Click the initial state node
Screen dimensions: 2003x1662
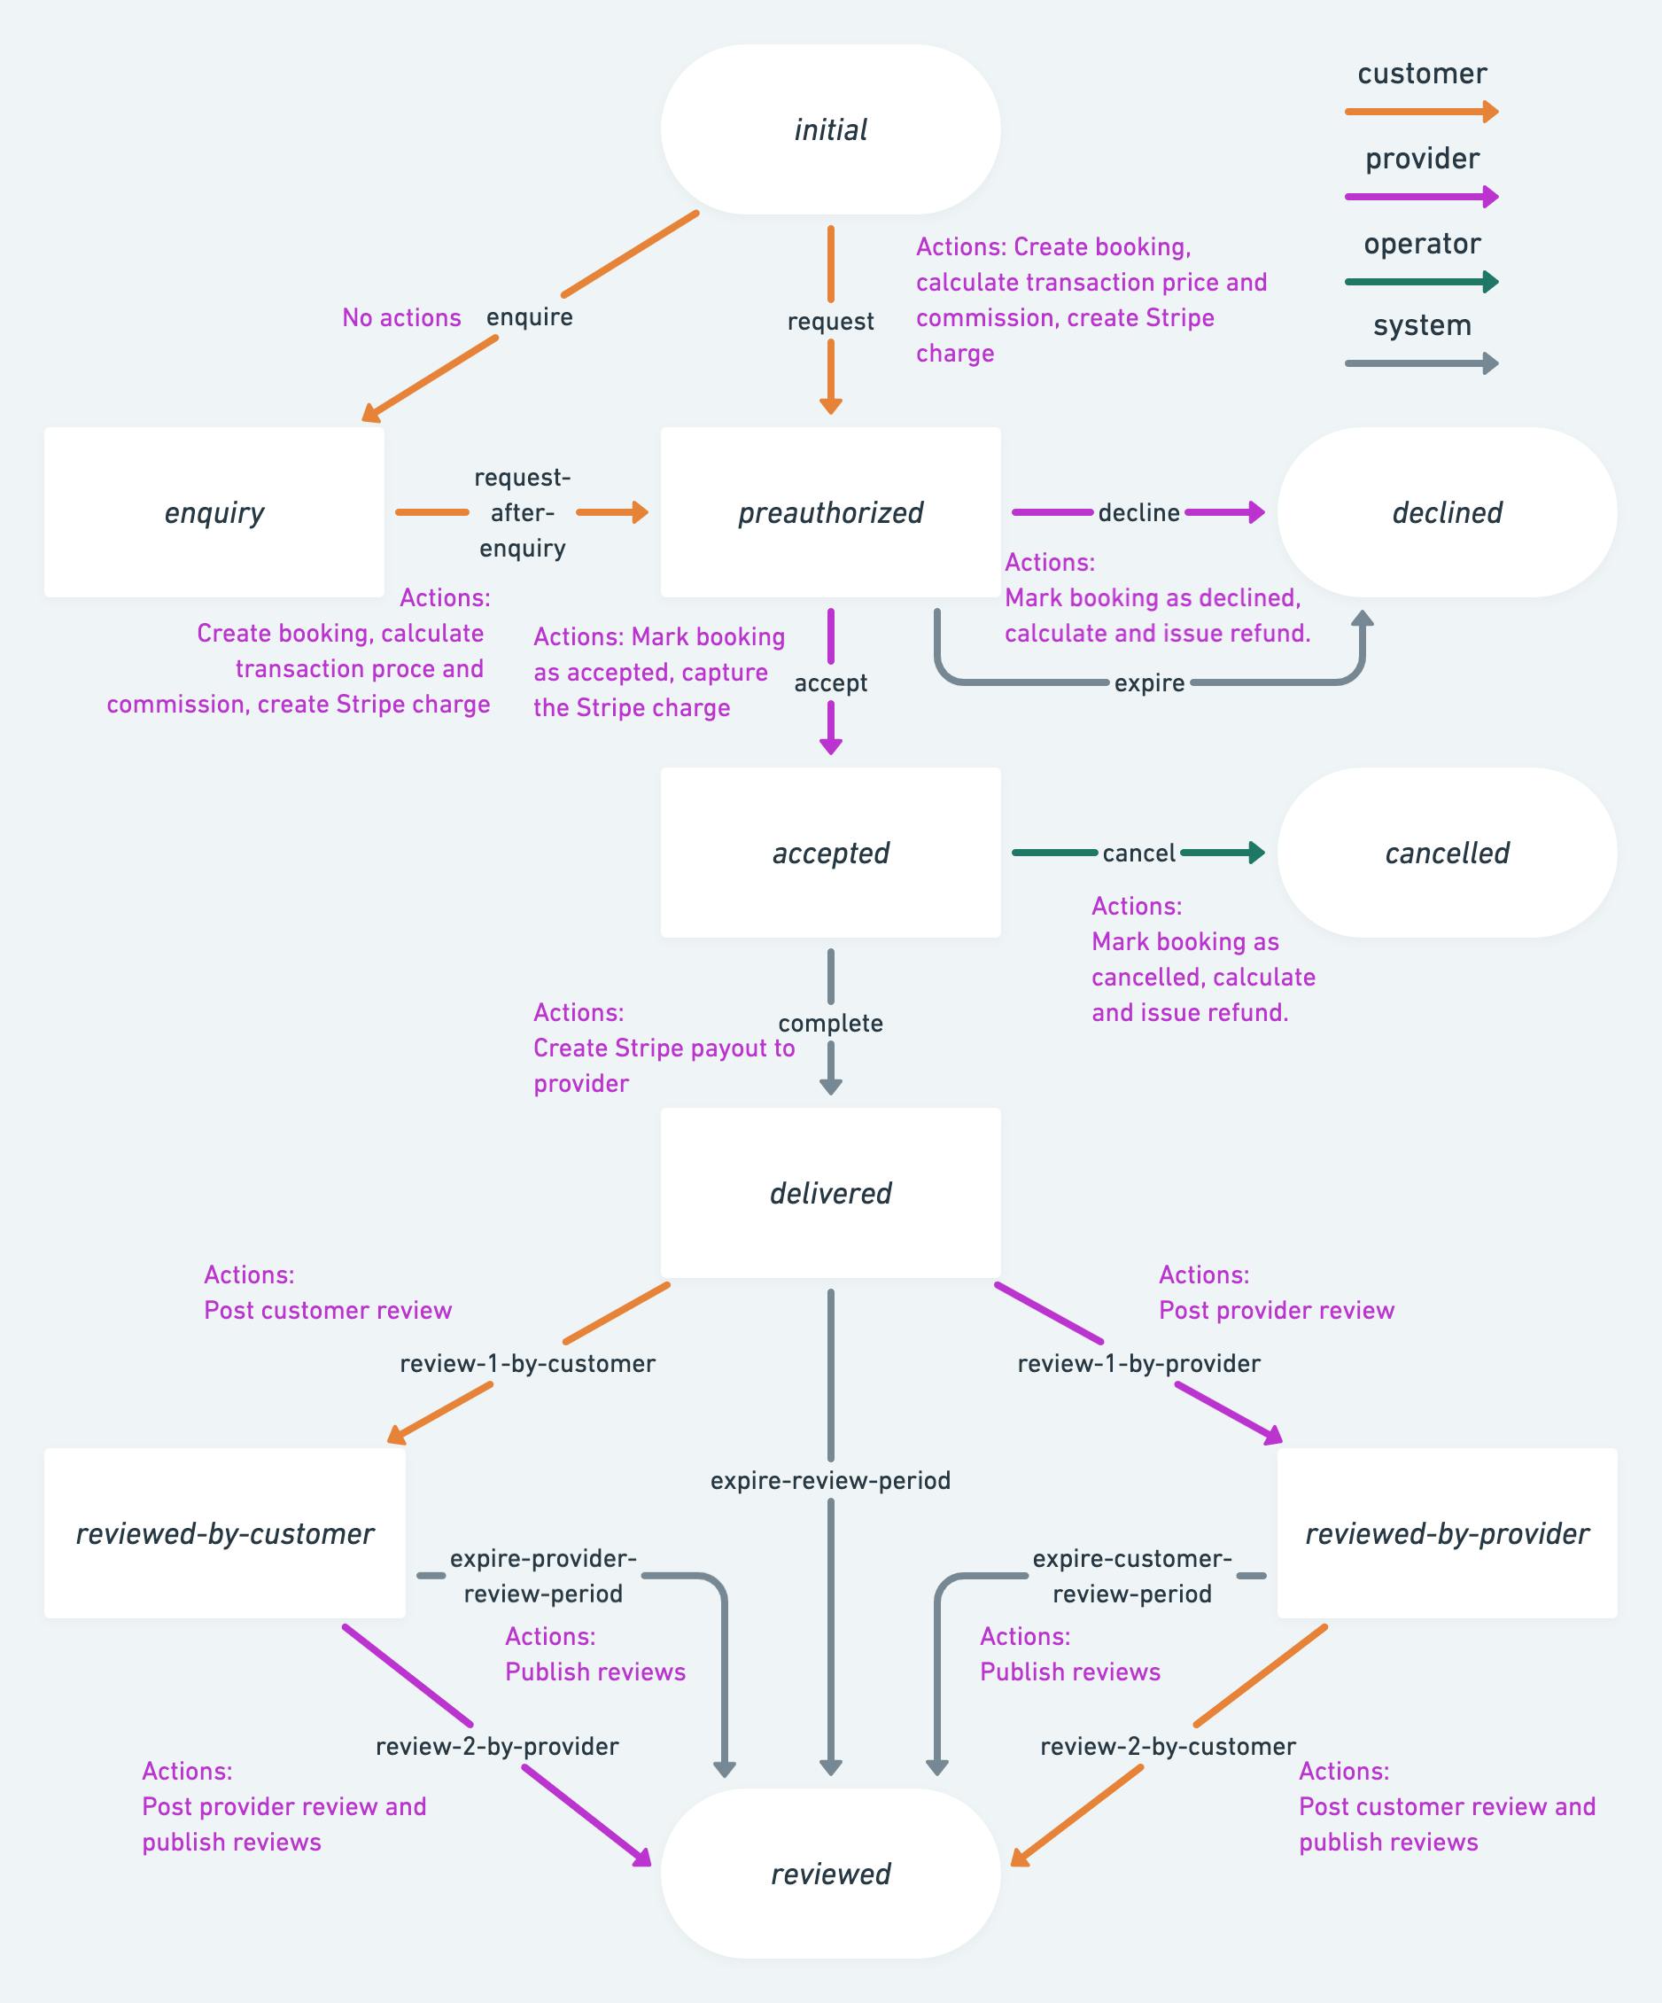click(x=829, y=129)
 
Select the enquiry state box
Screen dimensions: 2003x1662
click(x=214, y=512)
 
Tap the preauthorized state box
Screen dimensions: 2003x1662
click(x=829, y=512)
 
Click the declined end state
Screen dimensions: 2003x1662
click(x=1447, y=512)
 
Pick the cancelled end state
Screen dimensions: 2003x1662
click(x=1447, y=853)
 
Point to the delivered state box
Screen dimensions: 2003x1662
click(x=829, y=1193)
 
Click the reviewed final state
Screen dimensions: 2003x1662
click(x=829, y=1874)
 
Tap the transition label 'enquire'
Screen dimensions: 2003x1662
click(x=529, y=316)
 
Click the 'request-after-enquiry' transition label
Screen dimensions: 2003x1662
click(x=522, y=512)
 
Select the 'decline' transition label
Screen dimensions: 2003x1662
click(x=1138, y=513)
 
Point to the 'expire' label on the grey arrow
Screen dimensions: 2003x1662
click(x=1149, y=683)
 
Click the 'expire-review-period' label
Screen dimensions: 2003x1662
click(x=829, y=1480)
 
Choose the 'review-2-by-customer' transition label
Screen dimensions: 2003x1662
click(x=1167, y=1747)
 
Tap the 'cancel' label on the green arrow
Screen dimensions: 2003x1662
click(x=1138, y=853)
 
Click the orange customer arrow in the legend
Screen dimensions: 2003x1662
click(x=1421, y=112)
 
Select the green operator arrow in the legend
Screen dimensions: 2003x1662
click(x=1421, y=281)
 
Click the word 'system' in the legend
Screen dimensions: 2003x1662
click(x=1422, y=325)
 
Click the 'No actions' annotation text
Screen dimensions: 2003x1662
click(x=401, y=317)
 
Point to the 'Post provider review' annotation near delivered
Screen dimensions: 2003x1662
click(x=1276, y=1311)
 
